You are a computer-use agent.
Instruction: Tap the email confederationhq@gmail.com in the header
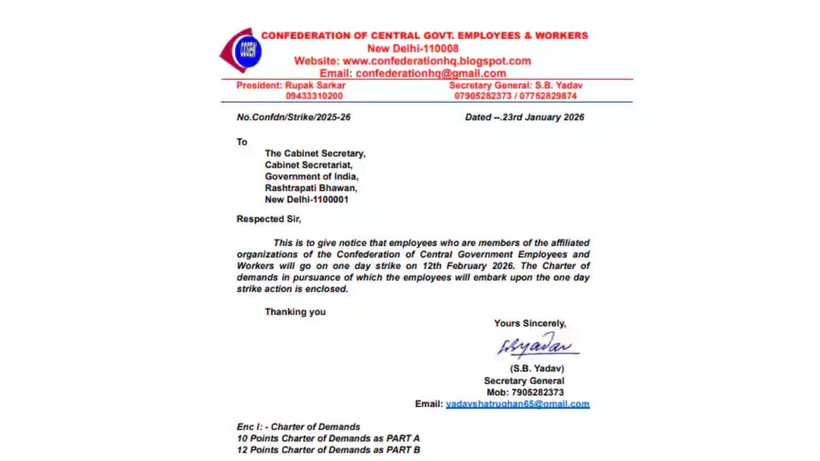(430, 73)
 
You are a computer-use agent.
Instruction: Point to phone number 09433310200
(314, 96)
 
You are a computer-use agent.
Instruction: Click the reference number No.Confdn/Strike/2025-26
(293, 117)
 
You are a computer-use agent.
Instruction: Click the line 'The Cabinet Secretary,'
(315, 154)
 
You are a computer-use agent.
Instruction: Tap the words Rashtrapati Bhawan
(311, 188)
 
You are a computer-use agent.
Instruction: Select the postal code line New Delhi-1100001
(306, 200)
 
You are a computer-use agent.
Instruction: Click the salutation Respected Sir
(268, 219)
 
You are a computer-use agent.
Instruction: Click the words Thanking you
(295, 312)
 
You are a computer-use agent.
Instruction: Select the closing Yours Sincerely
(530, 323)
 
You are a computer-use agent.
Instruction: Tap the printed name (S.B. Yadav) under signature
(537, 369)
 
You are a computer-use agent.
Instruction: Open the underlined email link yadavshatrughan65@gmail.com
(518, 404)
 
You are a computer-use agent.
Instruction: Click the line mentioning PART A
(328, 439)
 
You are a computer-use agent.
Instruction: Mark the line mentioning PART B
(328, 450)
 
